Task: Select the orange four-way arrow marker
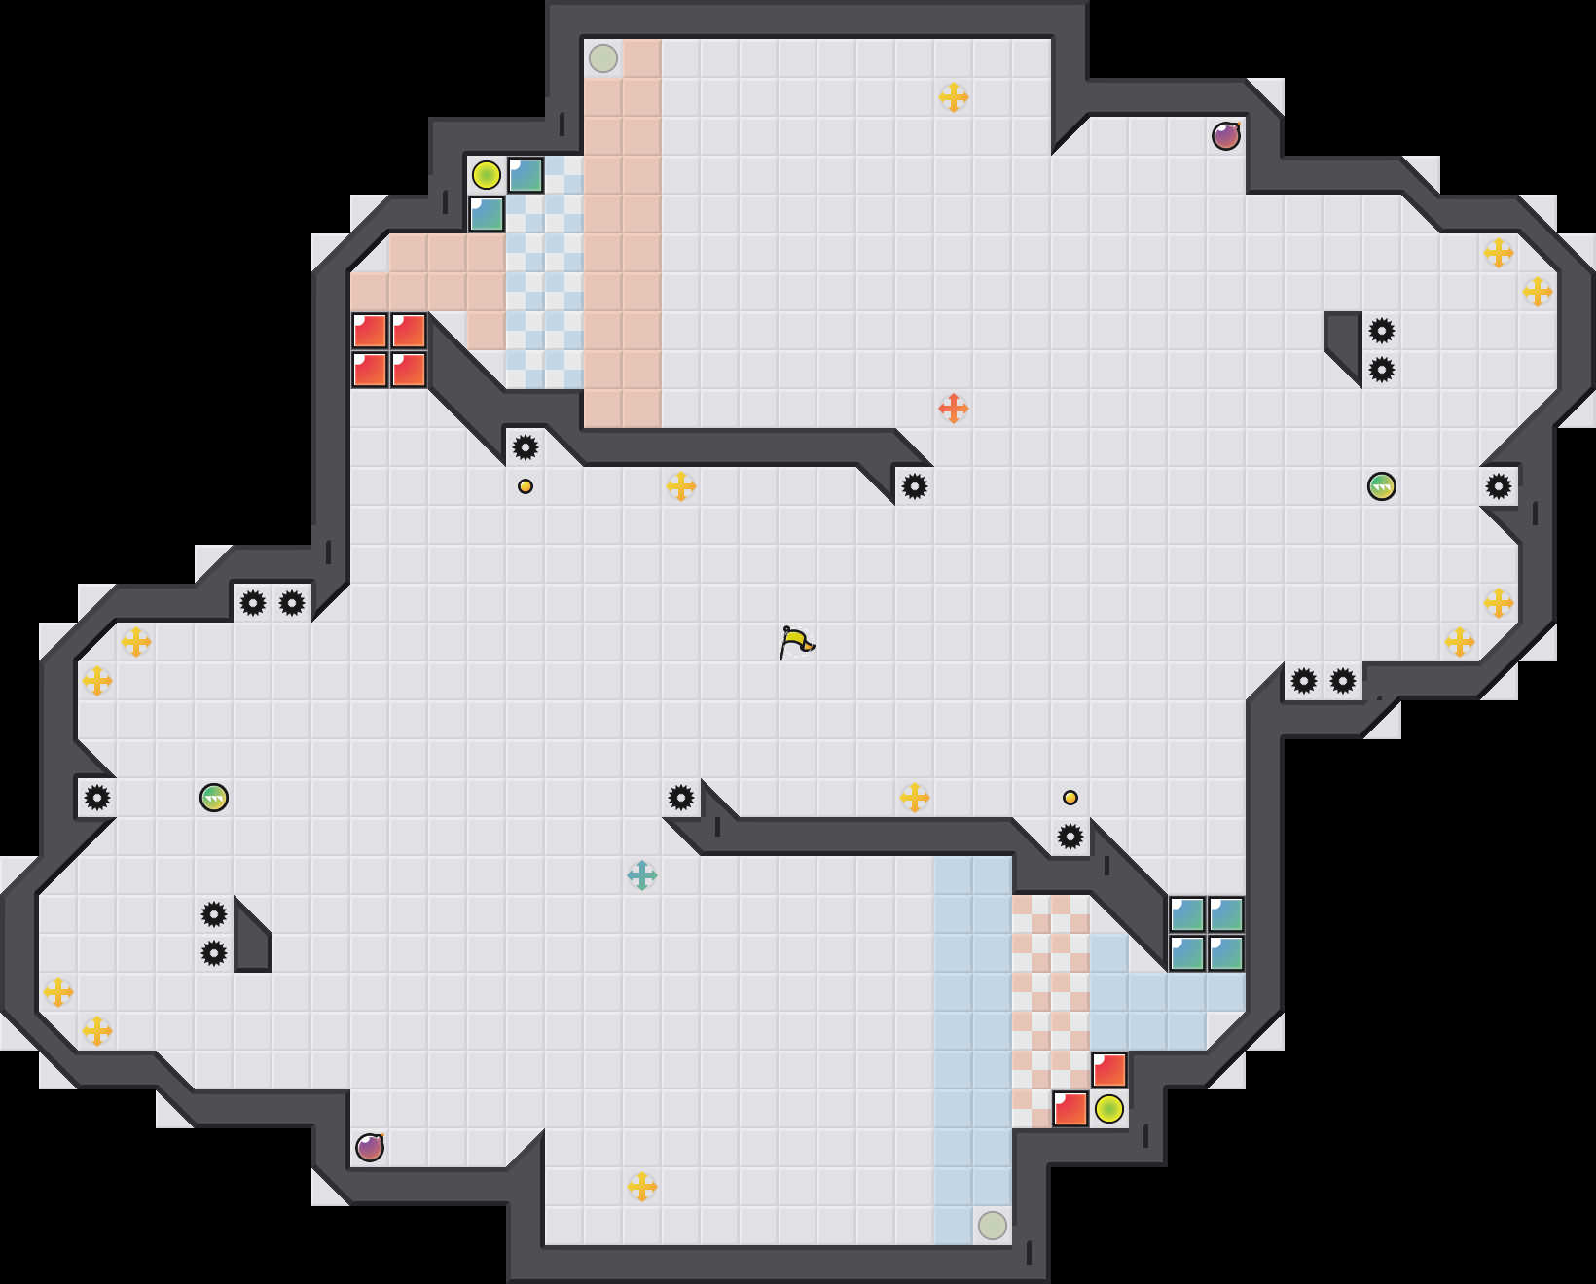click(954, 409)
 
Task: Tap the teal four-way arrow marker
click(642, 875)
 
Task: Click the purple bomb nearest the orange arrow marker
click(1226, 136)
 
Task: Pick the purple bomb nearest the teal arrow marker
click(370, 1148)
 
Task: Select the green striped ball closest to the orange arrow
click(1382, 486)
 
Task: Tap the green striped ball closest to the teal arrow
click(214, 798)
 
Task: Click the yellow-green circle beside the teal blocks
click(487, 175)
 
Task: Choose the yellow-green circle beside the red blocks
click(1109, 1109)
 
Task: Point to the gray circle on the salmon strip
click(603, 58)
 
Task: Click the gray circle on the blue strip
click(993, 1226)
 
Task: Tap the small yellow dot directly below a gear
click(526, 486)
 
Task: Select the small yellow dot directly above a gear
click(1070, 798)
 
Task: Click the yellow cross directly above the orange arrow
click(954, 97)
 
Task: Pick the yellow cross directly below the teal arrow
click(642, 1187)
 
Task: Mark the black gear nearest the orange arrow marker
click(915, 486)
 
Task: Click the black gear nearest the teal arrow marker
click(681, 798)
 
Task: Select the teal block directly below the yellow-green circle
click(487, 214)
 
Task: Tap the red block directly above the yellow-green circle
click(1109, 1070)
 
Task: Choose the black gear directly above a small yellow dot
click(526, 447)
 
